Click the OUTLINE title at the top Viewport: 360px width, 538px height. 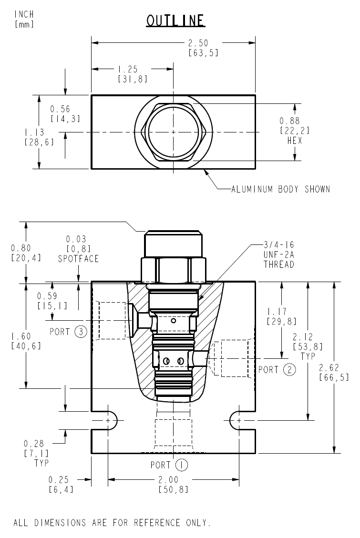[x=176, y=20]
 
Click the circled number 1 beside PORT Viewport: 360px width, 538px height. [x=181, y=465]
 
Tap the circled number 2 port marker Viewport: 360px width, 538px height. [x=289, y=369]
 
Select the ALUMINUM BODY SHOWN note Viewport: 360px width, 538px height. [x=280, y=189]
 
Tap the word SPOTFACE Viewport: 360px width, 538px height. [x=78, y=259]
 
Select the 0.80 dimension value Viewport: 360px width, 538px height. [x=25, y=248]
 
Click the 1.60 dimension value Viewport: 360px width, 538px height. [x=25, y=336]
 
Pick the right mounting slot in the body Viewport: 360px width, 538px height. [x=237, y=420]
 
